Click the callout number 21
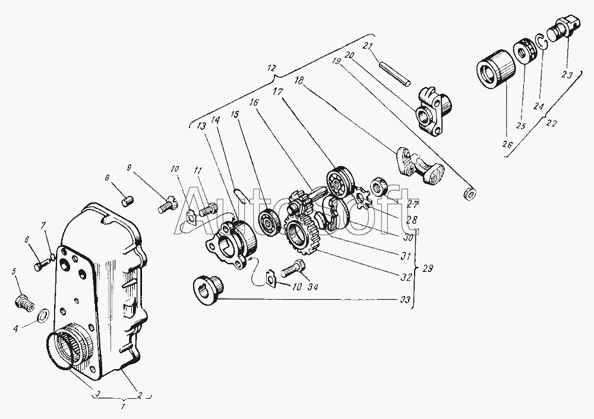click(x=366, y=46)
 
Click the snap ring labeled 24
click(x=541, y=42)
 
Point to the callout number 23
click(x=567, y=75)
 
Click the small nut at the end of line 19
click(x=470, y=193)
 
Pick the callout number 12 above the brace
click(x=271, y=68)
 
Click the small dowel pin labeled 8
click(x=127, y=201)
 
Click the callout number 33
click(x=405, y=300)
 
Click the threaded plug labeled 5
click(x=24, y=303)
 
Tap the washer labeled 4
click(x=43, y=314)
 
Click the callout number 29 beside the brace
click(x=428, y=269)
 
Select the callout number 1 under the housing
click(x=122, y=407)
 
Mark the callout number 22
click(x=552, y=123)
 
